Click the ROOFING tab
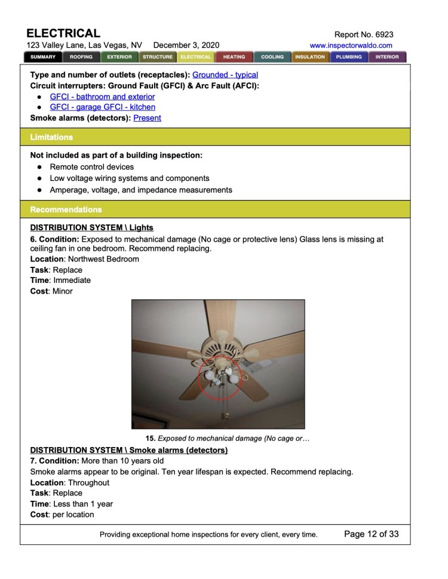tap(81, 57)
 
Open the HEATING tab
tap(234, 57)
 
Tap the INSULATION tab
tap(310, 57)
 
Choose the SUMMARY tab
tap(43, 57)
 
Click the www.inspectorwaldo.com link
tap(351, 45)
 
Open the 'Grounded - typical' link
tap(225, 75)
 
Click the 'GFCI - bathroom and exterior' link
tap(102, 97)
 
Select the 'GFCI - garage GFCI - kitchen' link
tap(102, 107)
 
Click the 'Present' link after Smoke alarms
tap(147, 118)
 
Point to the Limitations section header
tap(51, 137)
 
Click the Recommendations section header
tap(66, 210)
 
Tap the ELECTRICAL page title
tap(63, 33)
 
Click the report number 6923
tap(382, 35)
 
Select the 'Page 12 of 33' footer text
tap(371, 534)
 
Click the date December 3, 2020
tap(186, 45)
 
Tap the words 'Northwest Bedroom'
tap(103, 259)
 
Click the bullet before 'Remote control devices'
tap(38, 167)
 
